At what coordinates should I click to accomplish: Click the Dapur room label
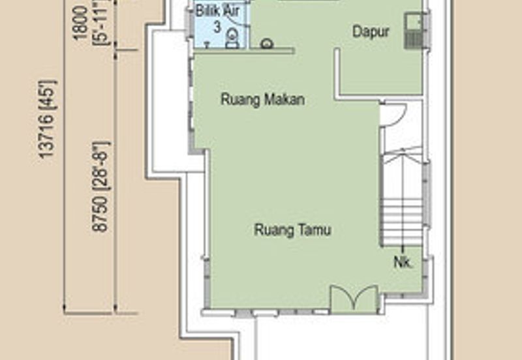coord(371,31)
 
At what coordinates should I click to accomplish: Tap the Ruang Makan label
coord(263,100)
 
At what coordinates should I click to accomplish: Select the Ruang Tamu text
coord(292,230)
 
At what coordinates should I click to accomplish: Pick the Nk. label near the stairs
coord(403,263)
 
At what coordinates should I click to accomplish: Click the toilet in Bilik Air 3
coord(231,40)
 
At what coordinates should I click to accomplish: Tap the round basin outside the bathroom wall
coord(266,44)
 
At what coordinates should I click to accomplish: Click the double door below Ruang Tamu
coord(354,299)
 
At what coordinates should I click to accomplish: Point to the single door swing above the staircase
coord(392,115)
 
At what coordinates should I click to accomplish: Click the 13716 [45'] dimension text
coord(48,120)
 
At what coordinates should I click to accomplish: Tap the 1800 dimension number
coord(81,23)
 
